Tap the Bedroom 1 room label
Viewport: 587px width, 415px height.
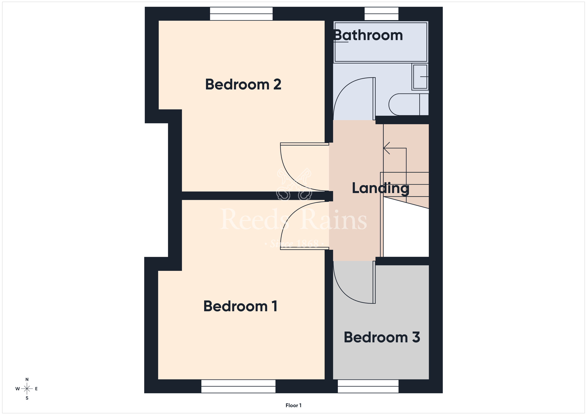[x=240, y=306]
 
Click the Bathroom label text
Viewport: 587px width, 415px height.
[x=368, y=35]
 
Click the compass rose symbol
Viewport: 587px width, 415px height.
[x=27, y=389]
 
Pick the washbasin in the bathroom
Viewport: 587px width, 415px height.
[x=420, y=77]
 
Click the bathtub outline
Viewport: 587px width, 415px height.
[x=381, y=42]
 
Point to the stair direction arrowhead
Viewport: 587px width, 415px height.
[x=386, y=148]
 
